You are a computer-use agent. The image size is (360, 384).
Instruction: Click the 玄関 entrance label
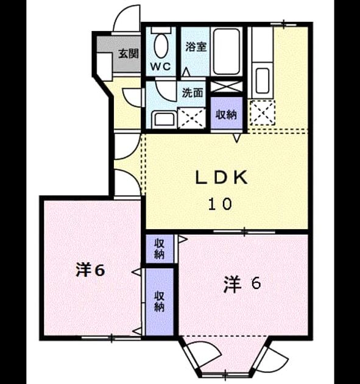coord(129,54)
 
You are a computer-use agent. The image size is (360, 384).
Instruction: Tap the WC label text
coord(161,66)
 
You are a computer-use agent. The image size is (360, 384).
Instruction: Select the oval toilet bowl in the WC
coord(161,46)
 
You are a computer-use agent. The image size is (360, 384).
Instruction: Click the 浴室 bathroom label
coord(196,47)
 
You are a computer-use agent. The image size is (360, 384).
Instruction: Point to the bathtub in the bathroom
coord(226,51)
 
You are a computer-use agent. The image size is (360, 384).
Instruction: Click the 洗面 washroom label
coord(192,93)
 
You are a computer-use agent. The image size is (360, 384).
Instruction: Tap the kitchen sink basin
coord(263,80)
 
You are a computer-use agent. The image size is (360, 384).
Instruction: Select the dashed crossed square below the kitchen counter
coord(262,113)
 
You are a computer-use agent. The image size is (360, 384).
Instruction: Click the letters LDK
coord(221,177)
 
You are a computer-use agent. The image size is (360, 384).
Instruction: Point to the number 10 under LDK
coord(220,204)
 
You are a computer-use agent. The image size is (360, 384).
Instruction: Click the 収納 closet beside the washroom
coord(227,113)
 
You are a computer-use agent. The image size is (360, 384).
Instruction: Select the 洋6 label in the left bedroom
coord(91,269)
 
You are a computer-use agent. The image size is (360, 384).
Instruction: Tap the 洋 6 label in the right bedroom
coord(242,284)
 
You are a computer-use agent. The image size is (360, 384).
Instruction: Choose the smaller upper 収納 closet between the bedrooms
coord(160,249)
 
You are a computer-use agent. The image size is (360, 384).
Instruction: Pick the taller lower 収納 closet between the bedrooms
coord(160,302)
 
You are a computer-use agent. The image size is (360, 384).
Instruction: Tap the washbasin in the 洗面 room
coord(164,119)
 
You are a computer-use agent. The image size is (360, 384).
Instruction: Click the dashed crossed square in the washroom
coord(192,118)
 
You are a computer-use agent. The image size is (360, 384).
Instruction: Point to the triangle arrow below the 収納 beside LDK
coord(236,138)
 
